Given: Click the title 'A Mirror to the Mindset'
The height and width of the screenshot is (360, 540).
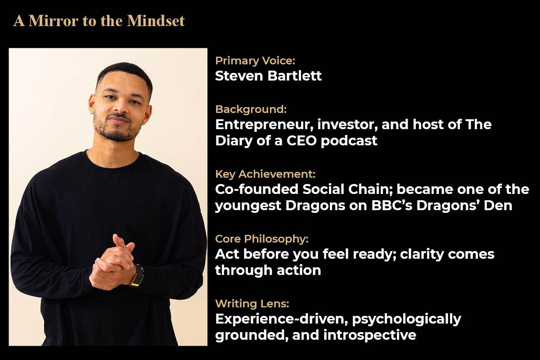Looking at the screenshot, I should coord(99,21).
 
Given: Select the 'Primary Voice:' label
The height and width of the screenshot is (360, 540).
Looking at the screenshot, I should coord(255,61).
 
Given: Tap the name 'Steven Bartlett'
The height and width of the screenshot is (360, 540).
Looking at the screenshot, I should coord(268,76).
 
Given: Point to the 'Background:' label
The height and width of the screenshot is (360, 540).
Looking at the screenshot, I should coord(251,109).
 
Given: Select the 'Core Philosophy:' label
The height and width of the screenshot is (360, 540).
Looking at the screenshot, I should coord(261,239).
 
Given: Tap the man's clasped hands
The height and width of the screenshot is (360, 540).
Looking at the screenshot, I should coord(112,263).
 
